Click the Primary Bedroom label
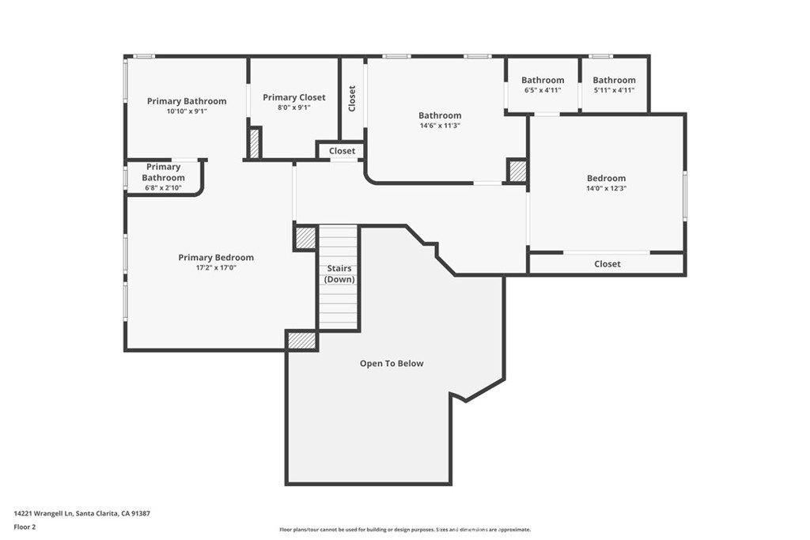click(216, 258)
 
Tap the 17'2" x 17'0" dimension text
click(216, 268)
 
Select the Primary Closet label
click(293, 97)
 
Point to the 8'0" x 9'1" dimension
click(293, 108)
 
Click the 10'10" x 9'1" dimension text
click(187, 111)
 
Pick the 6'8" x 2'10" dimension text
click(163, 188)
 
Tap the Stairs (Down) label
click(340, 274)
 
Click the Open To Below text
click(392, 364)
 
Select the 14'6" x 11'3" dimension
click(440, 126)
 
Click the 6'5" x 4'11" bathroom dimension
click(543, 90)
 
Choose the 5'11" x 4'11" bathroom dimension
click(614, 90)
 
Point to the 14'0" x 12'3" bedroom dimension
click(606, 189)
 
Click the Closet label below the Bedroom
click(607, 264)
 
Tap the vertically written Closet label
click(352, 98)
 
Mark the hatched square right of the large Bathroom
click(517, 172)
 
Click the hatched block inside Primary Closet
click(255, 143)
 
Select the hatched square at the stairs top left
click(305, 238)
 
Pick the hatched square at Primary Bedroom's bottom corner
click(301, 340)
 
